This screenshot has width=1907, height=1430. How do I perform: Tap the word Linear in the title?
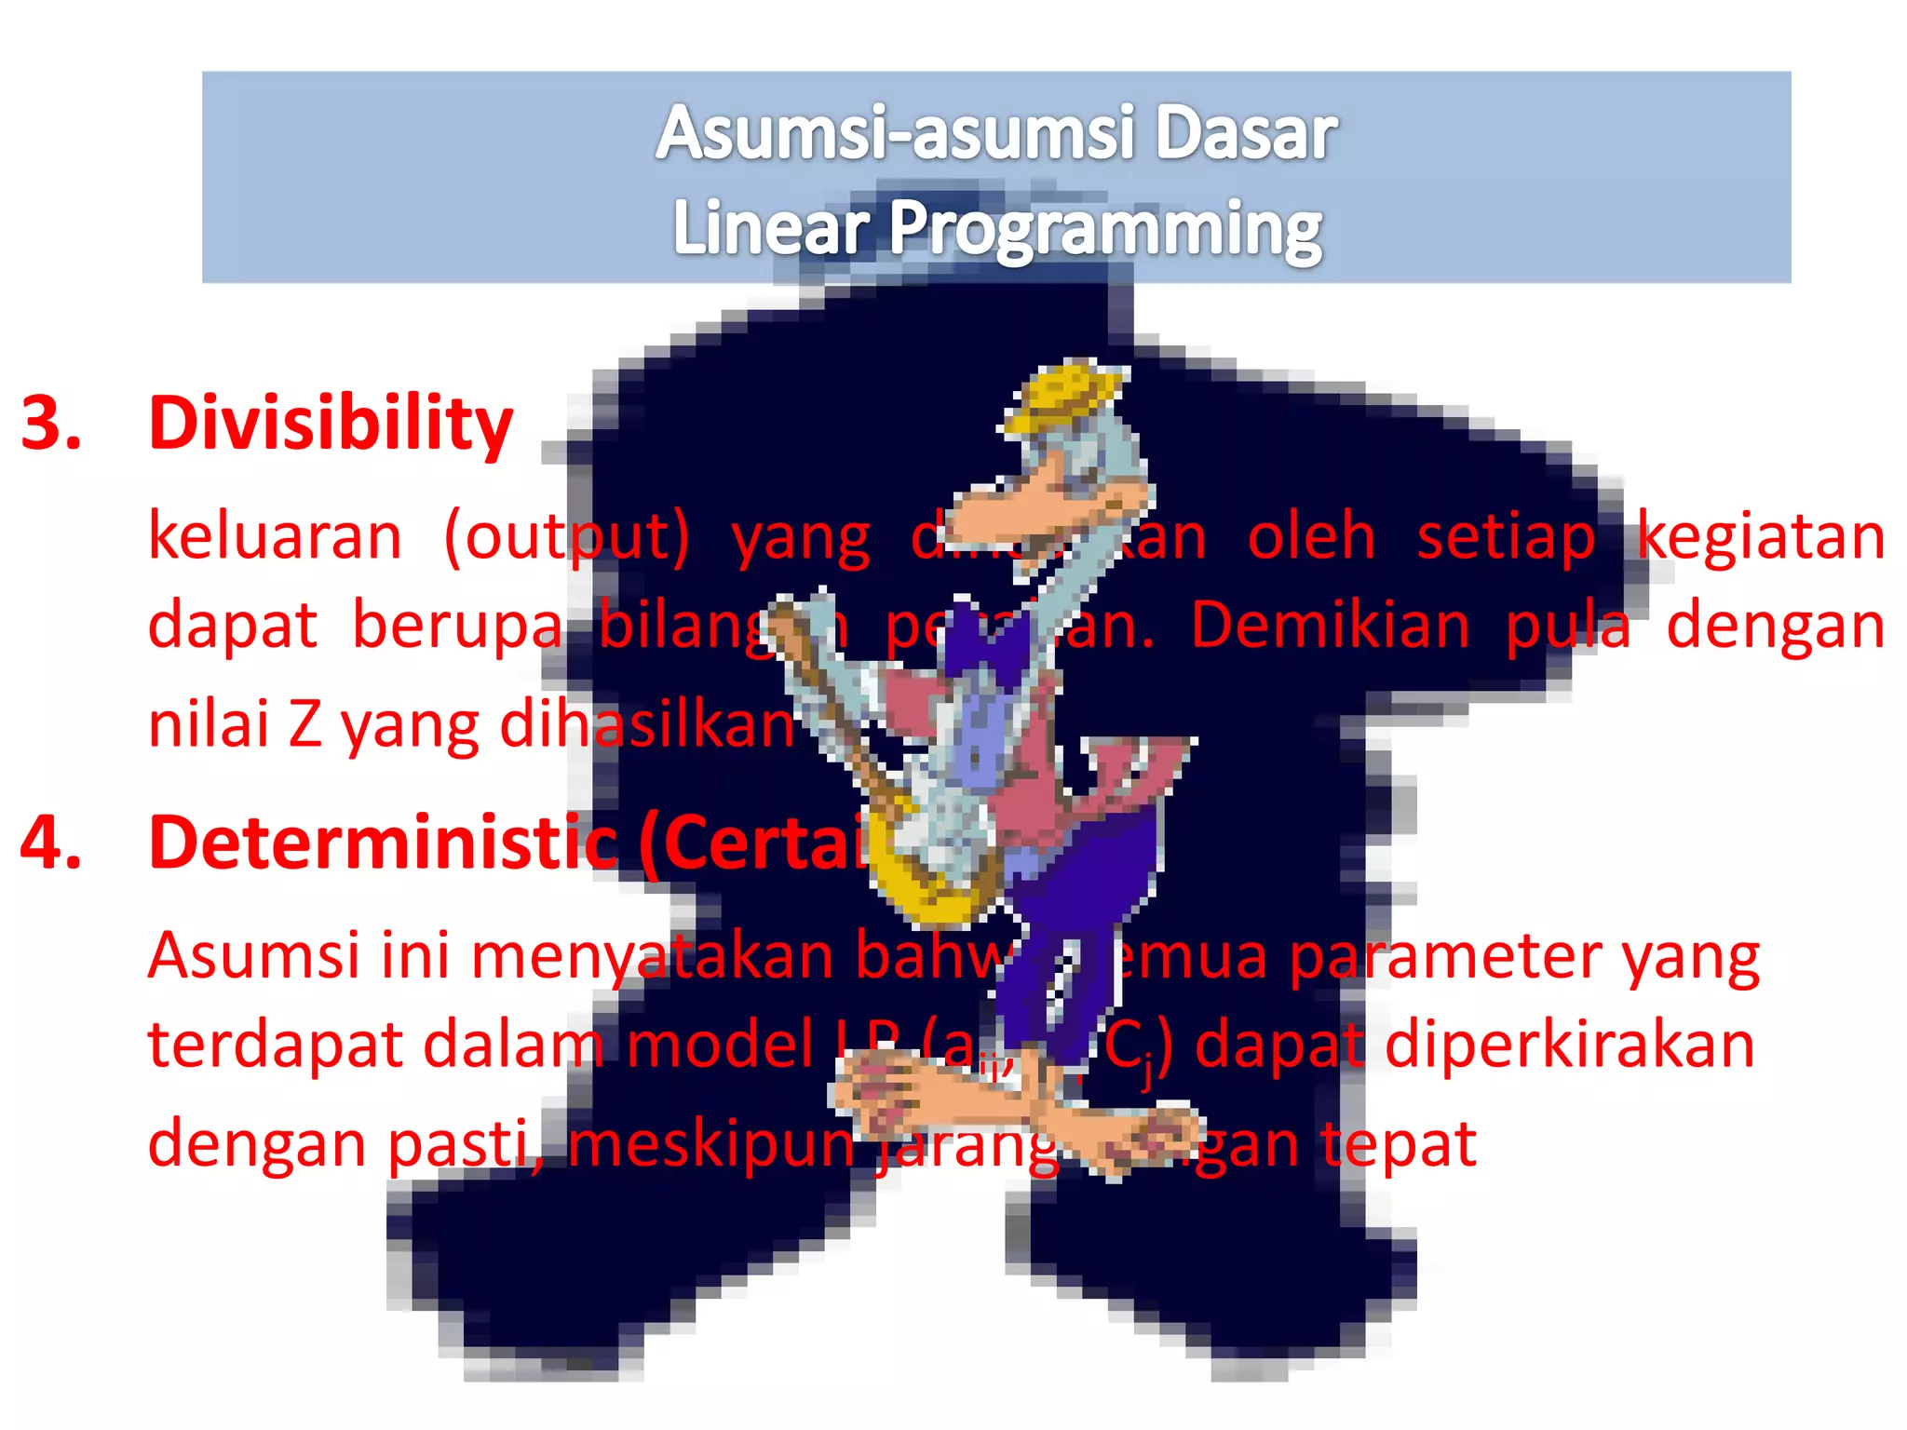[770, 229]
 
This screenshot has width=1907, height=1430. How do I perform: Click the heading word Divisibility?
[331, 425]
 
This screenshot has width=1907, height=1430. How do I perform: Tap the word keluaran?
[276, 537]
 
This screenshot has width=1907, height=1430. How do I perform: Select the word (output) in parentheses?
[566, 539]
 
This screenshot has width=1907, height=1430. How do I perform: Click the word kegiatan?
[1761, 539]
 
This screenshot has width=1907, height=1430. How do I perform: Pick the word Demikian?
[1330, 626]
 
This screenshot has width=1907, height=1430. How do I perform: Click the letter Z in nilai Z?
[304, 725]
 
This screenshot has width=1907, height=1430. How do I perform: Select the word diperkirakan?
[1570, 1046]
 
